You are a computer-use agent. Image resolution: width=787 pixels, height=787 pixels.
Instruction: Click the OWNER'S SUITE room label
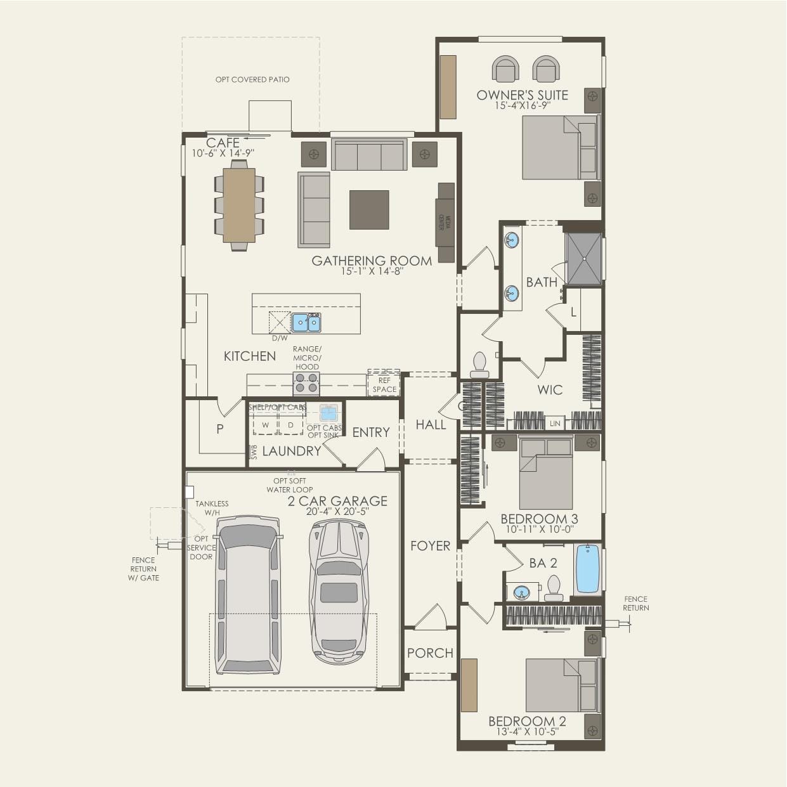pyautogui.click(x=522, y=95)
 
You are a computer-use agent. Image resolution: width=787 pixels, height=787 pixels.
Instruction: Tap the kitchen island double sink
pyautogui.click(x=306, y=323)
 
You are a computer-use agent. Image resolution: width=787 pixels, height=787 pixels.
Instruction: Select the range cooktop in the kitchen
pyautogui.click(x=306, y=384)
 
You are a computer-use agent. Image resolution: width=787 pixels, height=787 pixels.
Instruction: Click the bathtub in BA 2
pyautogui.click(x=588, y=569)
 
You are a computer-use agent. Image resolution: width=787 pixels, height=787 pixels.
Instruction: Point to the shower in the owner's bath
pyautogui.click(x=583, y=259)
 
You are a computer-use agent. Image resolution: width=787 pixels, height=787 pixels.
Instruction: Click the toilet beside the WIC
pyautogui.click(x=479, y=365)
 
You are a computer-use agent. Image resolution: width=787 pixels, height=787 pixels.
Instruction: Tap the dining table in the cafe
pyautogui.click(x=239, y=205)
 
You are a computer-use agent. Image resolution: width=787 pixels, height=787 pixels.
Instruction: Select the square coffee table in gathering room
pyautogui.click(x=369, y=210)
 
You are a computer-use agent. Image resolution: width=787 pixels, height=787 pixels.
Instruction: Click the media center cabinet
pyautogui.click(x=445, y=223)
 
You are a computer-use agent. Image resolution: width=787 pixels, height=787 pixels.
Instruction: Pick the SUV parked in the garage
pyautogui.click(x=248, y=595)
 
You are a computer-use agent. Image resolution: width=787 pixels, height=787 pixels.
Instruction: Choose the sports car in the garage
pyautogui.click(x=339, y=592)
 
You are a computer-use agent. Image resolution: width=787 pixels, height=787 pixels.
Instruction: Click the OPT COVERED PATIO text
pyautogui.click(x=252, y=80)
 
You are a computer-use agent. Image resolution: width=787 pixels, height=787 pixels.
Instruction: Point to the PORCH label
pyautogui.click(x=430, y=653)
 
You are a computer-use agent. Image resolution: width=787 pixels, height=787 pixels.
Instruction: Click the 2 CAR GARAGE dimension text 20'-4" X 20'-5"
pyautogui.click(x=337, y=511)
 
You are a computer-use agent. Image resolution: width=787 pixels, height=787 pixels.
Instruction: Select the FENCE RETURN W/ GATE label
pyautogui.click(x=144, y=569)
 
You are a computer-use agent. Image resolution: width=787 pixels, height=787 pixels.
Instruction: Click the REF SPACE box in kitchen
pyautogui.click(x=384, y=385)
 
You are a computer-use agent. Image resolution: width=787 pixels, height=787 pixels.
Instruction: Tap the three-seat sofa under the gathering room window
pyautogui.click(x=369, y=155)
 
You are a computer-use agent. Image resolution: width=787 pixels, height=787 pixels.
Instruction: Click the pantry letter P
pyautogui.click(x=219, y=429)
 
